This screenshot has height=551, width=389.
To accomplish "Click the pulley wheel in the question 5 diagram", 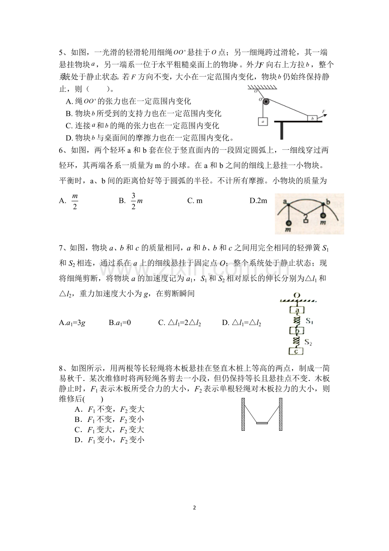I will [x=265, y=102].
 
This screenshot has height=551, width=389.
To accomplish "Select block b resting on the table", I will [x=312, y=118].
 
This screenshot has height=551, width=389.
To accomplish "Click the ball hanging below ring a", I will [x=288, y=223].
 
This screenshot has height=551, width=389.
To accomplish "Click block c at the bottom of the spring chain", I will [x=296, y=351].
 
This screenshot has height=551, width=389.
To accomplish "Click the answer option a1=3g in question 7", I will [x=73, y=323].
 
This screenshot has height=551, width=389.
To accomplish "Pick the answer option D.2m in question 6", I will [x=258, y=201].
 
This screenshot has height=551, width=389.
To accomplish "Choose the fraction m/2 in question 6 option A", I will [x=75, y=201].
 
